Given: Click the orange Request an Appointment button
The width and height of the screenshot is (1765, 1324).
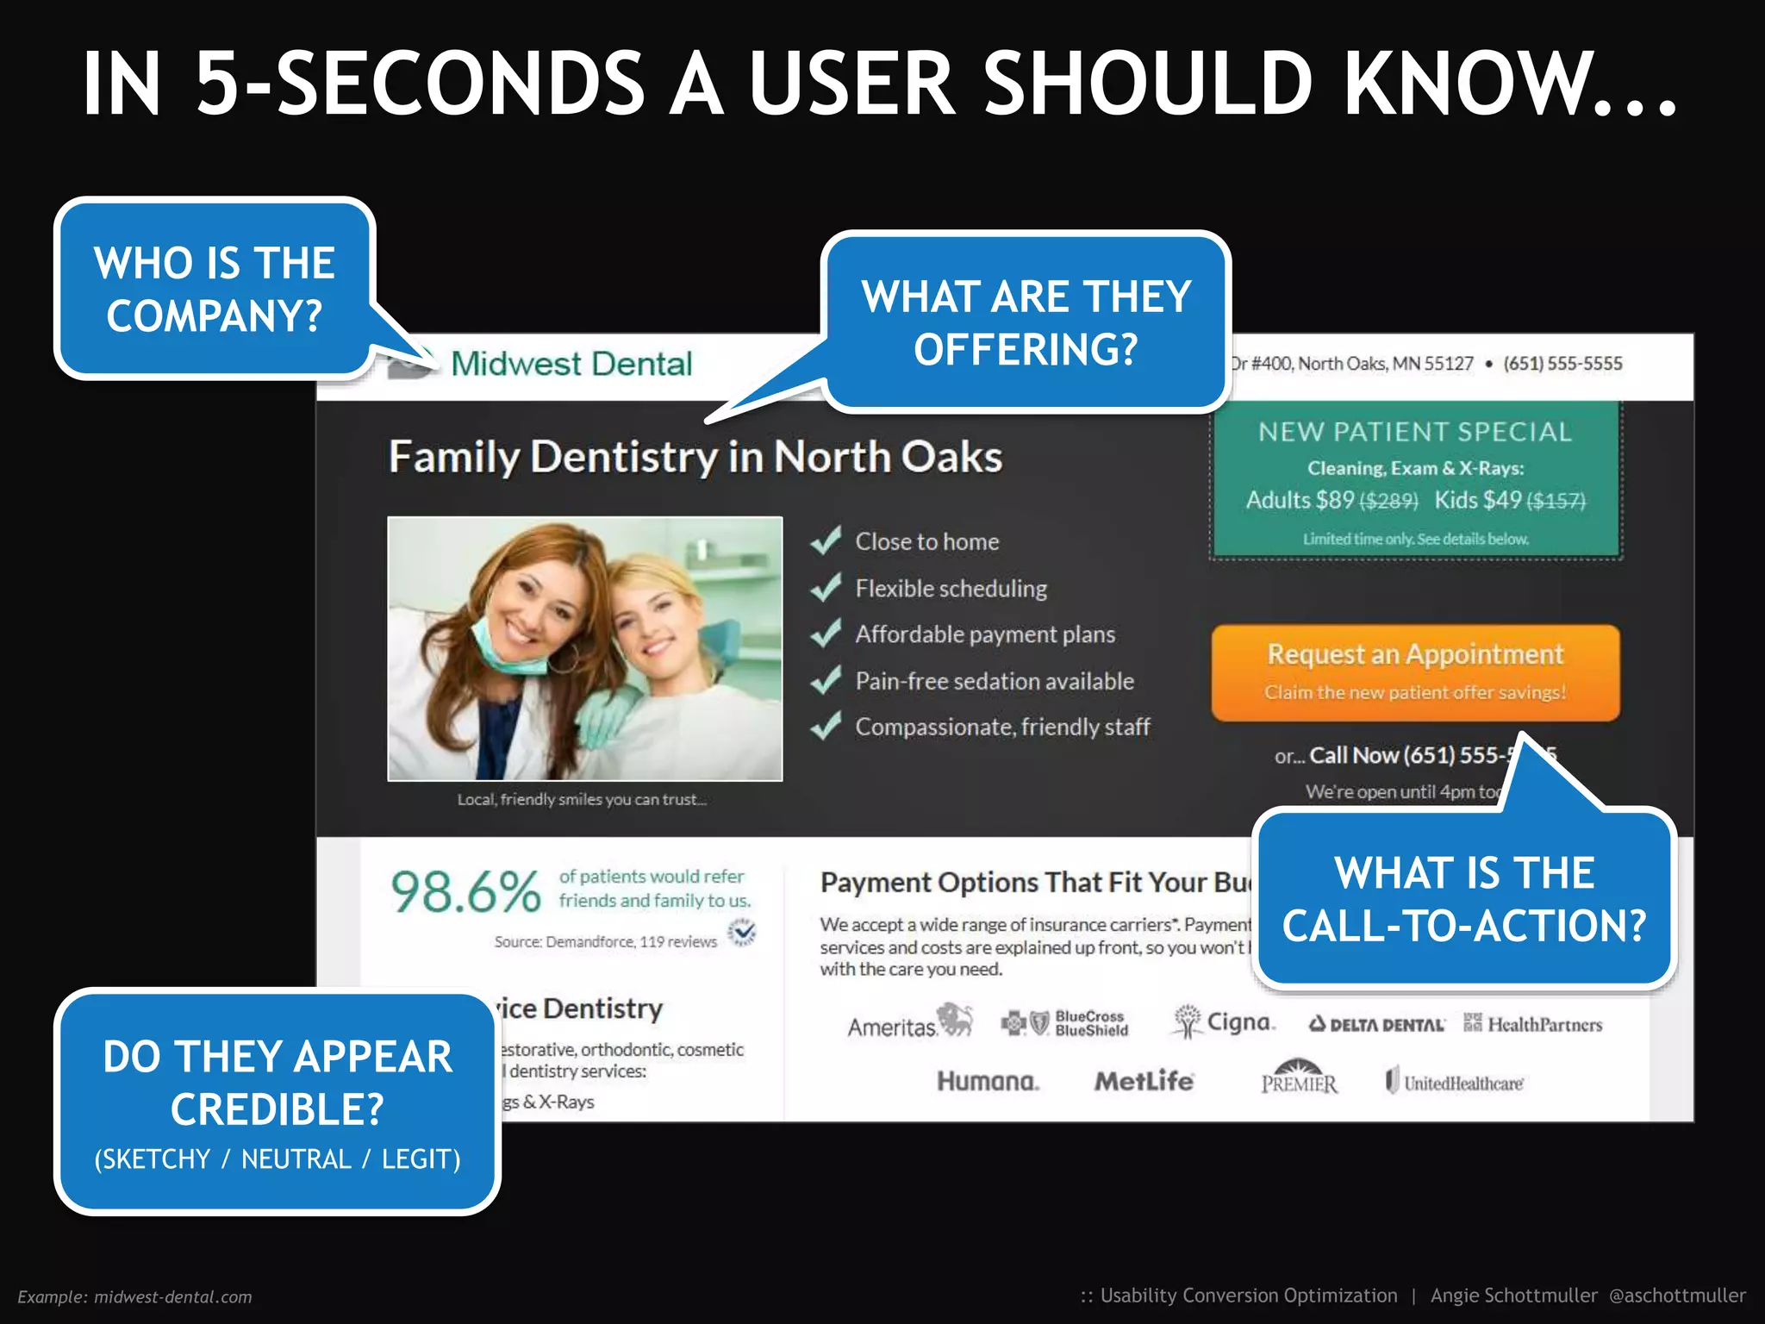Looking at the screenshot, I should [x=1415, y=671].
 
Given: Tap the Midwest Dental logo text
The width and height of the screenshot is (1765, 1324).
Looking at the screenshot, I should [x=571, y=364].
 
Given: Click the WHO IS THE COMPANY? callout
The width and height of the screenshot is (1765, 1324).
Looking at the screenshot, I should [x=215, y=289].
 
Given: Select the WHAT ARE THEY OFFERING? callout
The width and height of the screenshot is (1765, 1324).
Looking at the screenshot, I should [x=1026, y=322].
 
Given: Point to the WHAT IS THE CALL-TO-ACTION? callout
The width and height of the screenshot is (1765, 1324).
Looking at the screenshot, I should [x=1463, y=898].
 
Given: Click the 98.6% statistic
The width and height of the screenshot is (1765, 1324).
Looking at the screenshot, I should [x=465, y=891].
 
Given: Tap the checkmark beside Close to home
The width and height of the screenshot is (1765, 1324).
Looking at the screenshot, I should [x=826, y=541].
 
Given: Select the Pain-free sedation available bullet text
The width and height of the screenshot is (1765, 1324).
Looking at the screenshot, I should [x=994, y=681].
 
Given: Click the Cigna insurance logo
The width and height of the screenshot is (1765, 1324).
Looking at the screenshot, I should [x=1224, y=1022].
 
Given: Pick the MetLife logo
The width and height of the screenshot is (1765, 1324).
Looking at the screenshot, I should [x=1144, y=1081].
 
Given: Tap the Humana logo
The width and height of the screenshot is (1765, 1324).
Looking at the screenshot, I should [x=988, y=1081].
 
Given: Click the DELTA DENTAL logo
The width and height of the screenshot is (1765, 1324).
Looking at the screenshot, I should [x=1376, y=1024].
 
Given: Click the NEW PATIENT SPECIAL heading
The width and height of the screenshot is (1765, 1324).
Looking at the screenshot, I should [x=1415, y=431].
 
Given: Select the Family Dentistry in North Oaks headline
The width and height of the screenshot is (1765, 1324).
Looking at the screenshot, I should [x=695, y=457].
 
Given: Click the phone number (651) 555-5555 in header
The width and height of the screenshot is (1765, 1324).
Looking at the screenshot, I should [x=1562, y=364].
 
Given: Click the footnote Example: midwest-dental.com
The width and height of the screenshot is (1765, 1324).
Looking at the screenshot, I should [x=135, y=1296].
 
